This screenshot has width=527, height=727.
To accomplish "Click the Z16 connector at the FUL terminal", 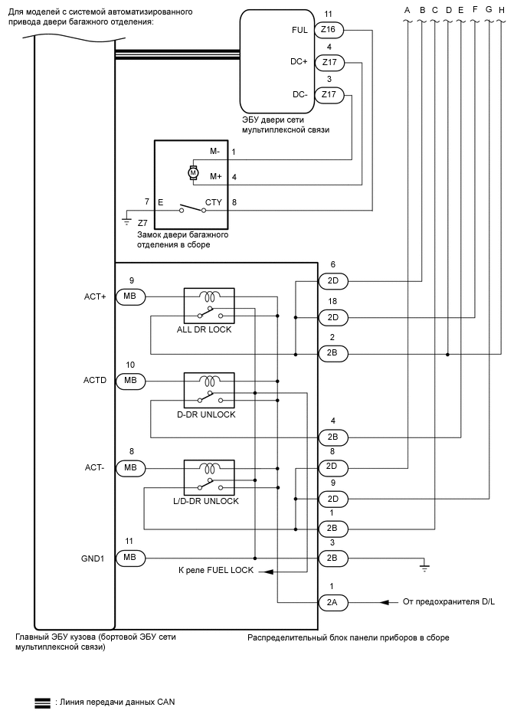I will click(329, 30).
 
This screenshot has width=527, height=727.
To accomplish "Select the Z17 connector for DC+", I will click(329, 63).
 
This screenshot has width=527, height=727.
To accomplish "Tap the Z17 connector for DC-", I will click(329, 95).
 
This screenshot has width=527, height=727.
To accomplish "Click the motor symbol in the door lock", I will click(193, 173).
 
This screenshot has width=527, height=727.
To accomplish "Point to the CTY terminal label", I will click(213, 201).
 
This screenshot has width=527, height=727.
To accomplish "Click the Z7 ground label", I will click(142, 222).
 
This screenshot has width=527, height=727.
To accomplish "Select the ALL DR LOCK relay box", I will click(209, 305).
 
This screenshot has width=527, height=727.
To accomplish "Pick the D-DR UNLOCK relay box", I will click(209, 390).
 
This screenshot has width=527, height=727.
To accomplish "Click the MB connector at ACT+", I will click(130, 296).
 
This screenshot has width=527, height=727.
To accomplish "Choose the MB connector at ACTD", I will click(130, 381).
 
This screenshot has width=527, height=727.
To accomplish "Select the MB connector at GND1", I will click(130, 558).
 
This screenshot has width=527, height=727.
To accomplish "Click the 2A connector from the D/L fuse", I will click(332, 602).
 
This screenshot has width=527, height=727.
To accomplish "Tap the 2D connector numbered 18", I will click(332, 317).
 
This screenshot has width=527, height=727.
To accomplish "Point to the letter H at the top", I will click(501, 9).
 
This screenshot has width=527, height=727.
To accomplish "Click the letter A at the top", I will click(407, 9).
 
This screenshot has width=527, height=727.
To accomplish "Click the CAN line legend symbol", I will click(43, 701).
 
